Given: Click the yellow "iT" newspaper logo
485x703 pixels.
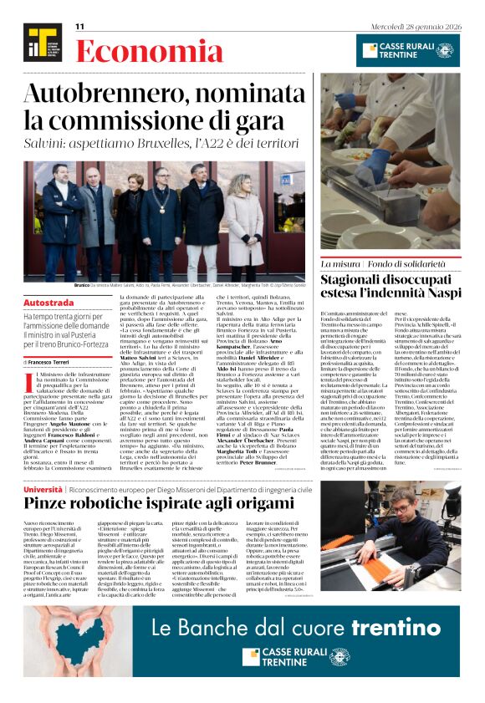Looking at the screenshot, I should coord(40,43).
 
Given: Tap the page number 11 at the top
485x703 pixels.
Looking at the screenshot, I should coord(80,27).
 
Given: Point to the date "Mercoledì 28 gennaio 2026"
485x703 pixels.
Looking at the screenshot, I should coord(415,26).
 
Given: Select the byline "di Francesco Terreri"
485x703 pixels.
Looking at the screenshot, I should coord(48,362).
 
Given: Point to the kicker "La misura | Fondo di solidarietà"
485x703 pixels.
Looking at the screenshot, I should coord(388,264).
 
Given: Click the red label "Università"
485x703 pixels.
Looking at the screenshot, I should coord(42,488).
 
